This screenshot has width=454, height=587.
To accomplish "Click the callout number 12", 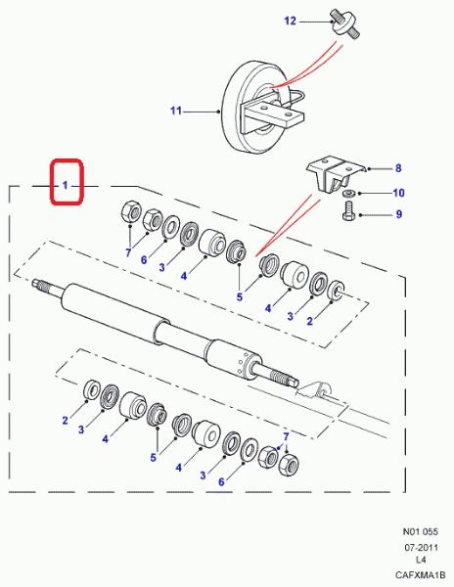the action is (x=290, y=21).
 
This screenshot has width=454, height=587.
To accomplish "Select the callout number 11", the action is (x=176, y=111).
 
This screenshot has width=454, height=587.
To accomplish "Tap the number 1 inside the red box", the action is (x=65, y=185).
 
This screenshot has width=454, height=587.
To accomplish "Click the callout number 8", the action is (x=398, y=168).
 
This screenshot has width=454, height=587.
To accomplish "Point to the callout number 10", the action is (x=398, y=193).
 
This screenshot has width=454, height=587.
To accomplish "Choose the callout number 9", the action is (x=399, y=214).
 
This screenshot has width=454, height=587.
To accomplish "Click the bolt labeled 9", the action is (x=347, y=210).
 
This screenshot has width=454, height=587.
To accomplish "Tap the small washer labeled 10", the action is (x=348, y=193).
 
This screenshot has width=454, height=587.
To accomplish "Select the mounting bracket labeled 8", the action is (x=336, y=175).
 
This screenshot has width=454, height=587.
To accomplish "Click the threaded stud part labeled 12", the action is (x=344, y=23).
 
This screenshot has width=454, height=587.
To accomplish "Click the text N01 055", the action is (x=420, y=531).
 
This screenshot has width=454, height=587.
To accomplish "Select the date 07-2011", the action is (x=421, y=547).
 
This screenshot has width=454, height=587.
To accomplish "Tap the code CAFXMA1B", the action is (x=421, y=574).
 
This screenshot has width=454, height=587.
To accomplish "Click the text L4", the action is (x=421, y=560).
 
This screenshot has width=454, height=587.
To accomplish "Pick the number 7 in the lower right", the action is (x=286, y=436).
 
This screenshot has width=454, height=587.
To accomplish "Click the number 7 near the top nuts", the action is (x=128, y=253).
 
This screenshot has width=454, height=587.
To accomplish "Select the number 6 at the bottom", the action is (x=221, y=481).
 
